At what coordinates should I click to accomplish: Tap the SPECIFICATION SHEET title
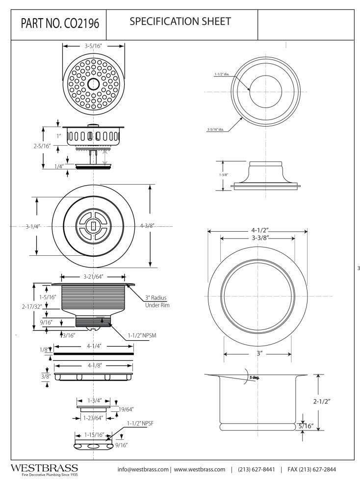click(x=180, y=22)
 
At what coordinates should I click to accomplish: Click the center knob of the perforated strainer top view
click(x=92, y=83)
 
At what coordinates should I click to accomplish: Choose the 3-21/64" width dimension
click(x=92, y=277)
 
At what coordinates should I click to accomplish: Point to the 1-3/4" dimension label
click(x=94, y=401)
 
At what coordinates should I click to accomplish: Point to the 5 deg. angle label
click(x=254, y=377)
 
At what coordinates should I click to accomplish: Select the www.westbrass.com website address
click(x=199, y=469)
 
